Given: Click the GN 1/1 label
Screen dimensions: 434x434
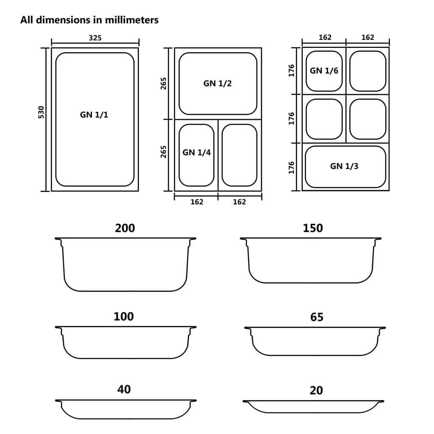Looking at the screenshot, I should [94, 114].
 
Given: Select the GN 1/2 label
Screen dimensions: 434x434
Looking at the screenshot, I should [217, 83].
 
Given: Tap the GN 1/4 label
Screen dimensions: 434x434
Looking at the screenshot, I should [197, 153].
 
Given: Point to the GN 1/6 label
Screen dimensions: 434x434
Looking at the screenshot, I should [324, 71].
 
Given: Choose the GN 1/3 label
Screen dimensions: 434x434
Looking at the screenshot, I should [344, 166].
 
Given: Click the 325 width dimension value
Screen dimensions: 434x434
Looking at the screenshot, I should [95, 38].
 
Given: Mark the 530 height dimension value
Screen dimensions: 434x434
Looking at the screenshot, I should [41, 112].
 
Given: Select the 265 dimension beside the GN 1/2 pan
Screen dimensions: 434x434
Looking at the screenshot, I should [164, 83].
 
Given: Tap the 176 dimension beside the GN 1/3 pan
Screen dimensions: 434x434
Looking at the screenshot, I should [292, 167].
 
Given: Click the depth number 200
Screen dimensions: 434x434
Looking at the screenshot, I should [125, 228].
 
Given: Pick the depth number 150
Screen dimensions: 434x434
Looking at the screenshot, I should [313, 228].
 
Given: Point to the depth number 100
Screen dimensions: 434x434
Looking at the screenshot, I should [124, 317].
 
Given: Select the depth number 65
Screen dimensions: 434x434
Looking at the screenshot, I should [317, 317].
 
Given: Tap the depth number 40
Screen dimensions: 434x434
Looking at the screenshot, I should [124, 389].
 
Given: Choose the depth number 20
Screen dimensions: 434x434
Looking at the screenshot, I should [316, 390].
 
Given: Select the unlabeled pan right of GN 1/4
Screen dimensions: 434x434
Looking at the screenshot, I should [239, 155].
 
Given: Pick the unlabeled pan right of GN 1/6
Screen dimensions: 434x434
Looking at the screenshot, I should [368, 71].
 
